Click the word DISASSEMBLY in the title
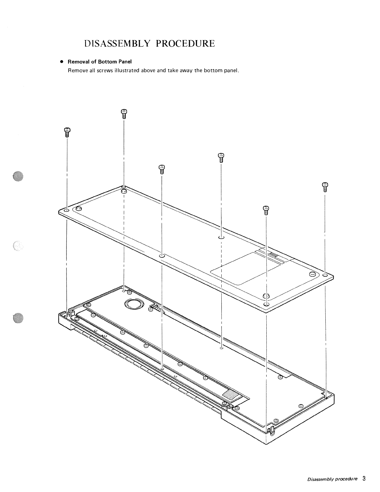tap(118, 43)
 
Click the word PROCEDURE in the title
tap(185, 43)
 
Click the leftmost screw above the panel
tap(67, 132)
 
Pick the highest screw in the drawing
tap(124, 113)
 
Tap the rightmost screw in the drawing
tap(325, 187)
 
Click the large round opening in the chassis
tap(133, 304)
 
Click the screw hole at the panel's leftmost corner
tap(67, 210)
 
